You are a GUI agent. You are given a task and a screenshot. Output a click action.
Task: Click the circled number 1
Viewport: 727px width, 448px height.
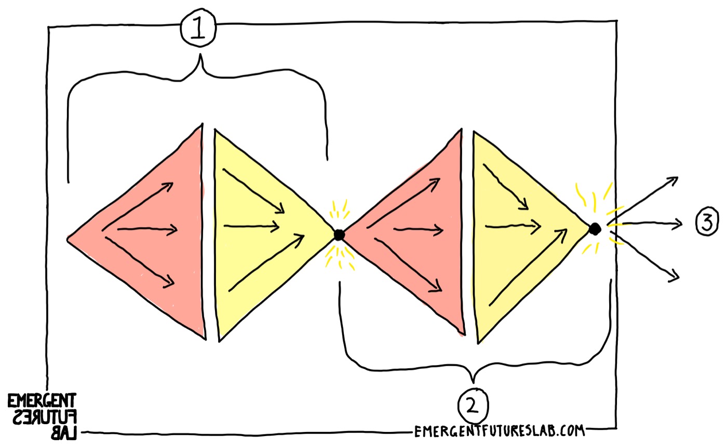198,31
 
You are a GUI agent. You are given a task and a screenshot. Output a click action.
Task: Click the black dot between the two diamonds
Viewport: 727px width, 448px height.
339,235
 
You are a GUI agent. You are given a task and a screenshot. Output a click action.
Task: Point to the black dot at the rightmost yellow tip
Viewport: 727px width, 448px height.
595,228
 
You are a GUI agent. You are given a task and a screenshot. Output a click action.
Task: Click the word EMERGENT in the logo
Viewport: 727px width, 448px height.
42,401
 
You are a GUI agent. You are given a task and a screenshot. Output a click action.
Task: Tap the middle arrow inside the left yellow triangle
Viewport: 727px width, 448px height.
252,226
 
